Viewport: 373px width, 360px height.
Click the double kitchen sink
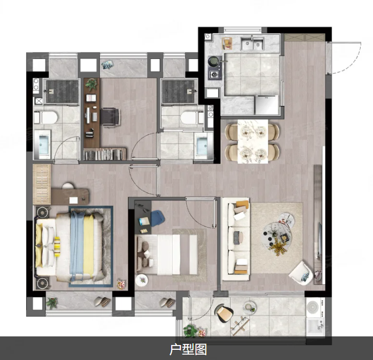[252, 43]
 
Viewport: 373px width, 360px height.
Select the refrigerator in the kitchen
[267, 105]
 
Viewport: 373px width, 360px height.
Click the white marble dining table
[253, 141]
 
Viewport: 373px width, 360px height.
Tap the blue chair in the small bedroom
[157, 218]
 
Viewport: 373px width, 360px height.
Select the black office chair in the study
[111, 116]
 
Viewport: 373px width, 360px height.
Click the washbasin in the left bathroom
[43, 144]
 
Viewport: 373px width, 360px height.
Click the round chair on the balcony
[224, 313]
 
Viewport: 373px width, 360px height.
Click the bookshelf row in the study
[105, 155]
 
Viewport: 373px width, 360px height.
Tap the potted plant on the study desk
[92, 84]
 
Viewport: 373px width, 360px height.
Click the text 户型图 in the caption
[188, 349]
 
